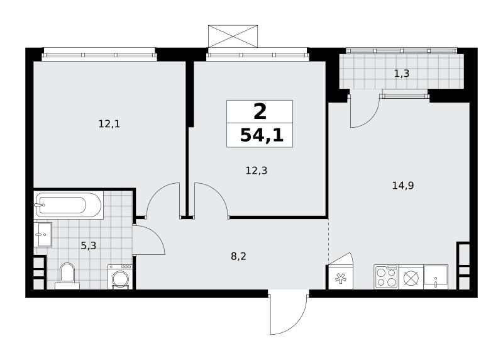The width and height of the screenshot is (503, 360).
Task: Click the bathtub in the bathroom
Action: (69, 205)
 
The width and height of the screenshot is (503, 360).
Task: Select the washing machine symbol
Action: (120, 277)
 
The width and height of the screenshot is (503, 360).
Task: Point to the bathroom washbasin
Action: (43, 234)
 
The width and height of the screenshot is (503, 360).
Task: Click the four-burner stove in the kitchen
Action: (386, 277)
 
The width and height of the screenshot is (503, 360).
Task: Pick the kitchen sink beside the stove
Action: (436, 277)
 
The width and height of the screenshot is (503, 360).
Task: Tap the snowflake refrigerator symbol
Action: (340, 277)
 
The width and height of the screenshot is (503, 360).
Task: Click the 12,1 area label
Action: (109, 123)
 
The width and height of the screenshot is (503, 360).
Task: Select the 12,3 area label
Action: (257, 171)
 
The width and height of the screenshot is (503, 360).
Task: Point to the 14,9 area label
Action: (403, 185)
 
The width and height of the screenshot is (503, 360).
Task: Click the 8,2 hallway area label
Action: (239, 256)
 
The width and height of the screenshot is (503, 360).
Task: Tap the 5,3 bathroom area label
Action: (88, 246)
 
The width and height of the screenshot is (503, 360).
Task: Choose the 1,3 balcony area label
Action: (402, 74)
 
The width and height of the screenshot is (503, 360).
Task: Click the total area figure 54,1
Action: (262, 135)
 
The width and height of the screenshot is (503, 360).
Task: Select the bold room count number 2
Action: (260, 112)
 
